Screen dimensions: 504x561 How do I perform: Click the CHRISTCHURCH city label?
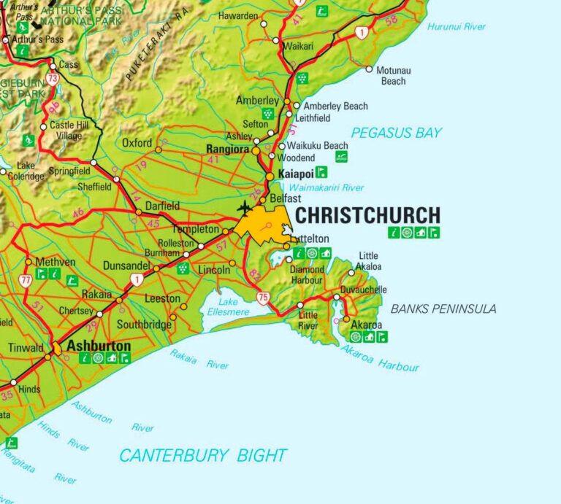tap(367, 215)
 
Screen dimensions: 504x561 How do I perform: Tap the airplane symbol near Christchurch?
tap(244, 208)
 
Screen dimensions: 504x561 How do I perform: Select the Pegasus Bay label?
tap(396, 133)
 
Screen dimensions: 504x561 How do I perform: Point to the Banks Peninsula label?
tap(443, 309)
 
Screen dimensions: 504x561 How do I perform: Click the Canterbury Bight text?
tap(203, 456)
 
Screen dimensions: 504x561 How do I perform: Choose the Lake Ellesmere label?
tap(229, 307)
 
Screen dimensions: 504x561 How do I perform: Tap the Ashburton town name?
tap(99, 346)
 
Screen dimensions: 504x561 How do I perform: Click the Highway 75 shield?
tap(262, 297)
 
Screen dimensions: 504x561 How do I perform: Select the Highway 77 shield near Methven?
tap(26, 279)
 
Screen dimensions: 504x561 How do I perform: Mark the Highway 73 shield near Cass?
tap(51, 78)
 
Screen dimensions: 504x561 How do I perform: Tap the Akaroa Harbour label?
tap(380, 358)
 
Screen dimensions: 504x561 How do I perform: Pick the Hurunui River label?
tap(457, 27)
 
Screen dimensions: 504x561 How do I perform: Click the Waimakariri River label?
tap(326, 187)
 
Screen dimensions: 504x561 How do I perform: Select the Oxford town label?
tap(137, 142)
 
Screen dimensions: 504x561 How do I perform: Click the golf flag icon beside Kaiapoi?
tap(321, 173)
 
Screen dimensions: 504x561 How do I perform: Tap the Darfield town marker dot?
tap(139, 212)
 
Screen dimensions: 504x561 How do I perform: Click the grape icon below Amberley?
tap(267, 113)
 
